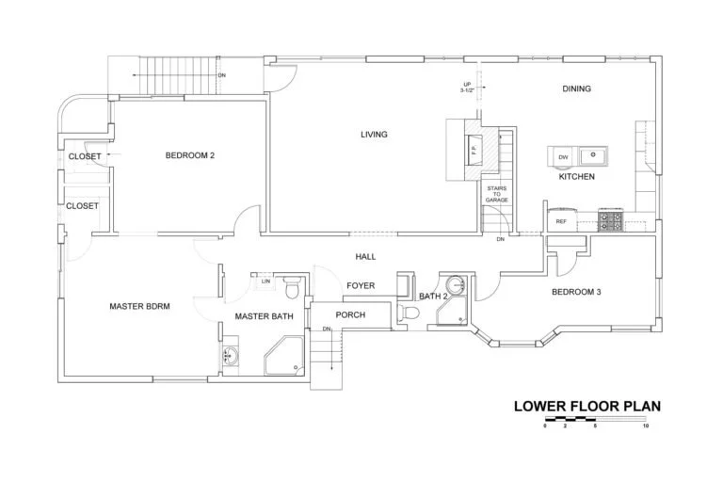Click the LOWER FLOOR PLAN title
point(587,407)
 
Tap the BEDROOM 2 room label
point(191,155)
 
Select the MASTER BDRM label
point(139,306)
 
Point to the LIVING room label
point(374,135)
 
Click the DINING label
point(576,89)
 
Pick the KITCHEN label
point(576,177)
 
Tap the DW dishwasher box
point(563,156)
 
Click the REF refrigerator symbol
point(561,221)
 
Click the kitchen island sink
point(593,155)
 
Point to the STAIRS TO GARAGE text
point(496,195)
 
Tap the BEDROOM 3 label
point(576,292)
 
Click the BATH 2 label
point(433,297)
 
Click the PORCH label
point(350,314)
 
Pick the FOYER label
point(361,285)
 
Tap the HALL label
point(365,256)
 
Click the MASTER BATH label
point(265,316)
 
